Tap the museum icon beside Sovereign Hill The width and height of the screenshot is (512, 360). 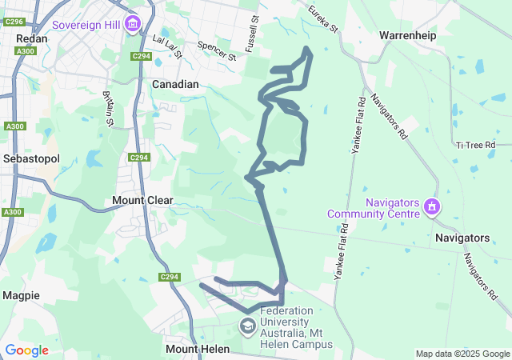(x=132, y=23)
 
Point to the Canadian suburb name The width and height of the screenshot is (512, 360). (x=175, y=84)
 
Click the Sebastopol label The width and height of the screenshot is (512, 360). (x=31, y=158)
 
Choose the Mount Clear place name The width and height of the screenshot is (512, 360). (x=142, y=200)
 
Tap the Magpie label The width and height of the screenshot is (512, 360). (x=21, y=295)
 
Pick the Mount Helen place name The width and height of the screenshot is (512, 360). (x=197, y=350)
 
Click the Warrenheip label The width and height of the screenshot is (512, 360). (x=408, y=36)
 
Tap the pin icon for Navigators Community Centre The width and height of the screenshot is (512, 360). (x=432, y=208)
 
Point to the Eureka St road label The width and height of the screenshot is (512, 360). (x=323, y=19)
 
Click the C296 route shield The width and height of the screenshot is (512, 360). (x=13, y=22)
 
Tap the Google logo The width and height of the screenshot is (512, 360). (x=26, y=350)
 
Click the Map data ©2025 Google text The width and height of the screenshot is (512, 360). (x=462, y=354)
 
